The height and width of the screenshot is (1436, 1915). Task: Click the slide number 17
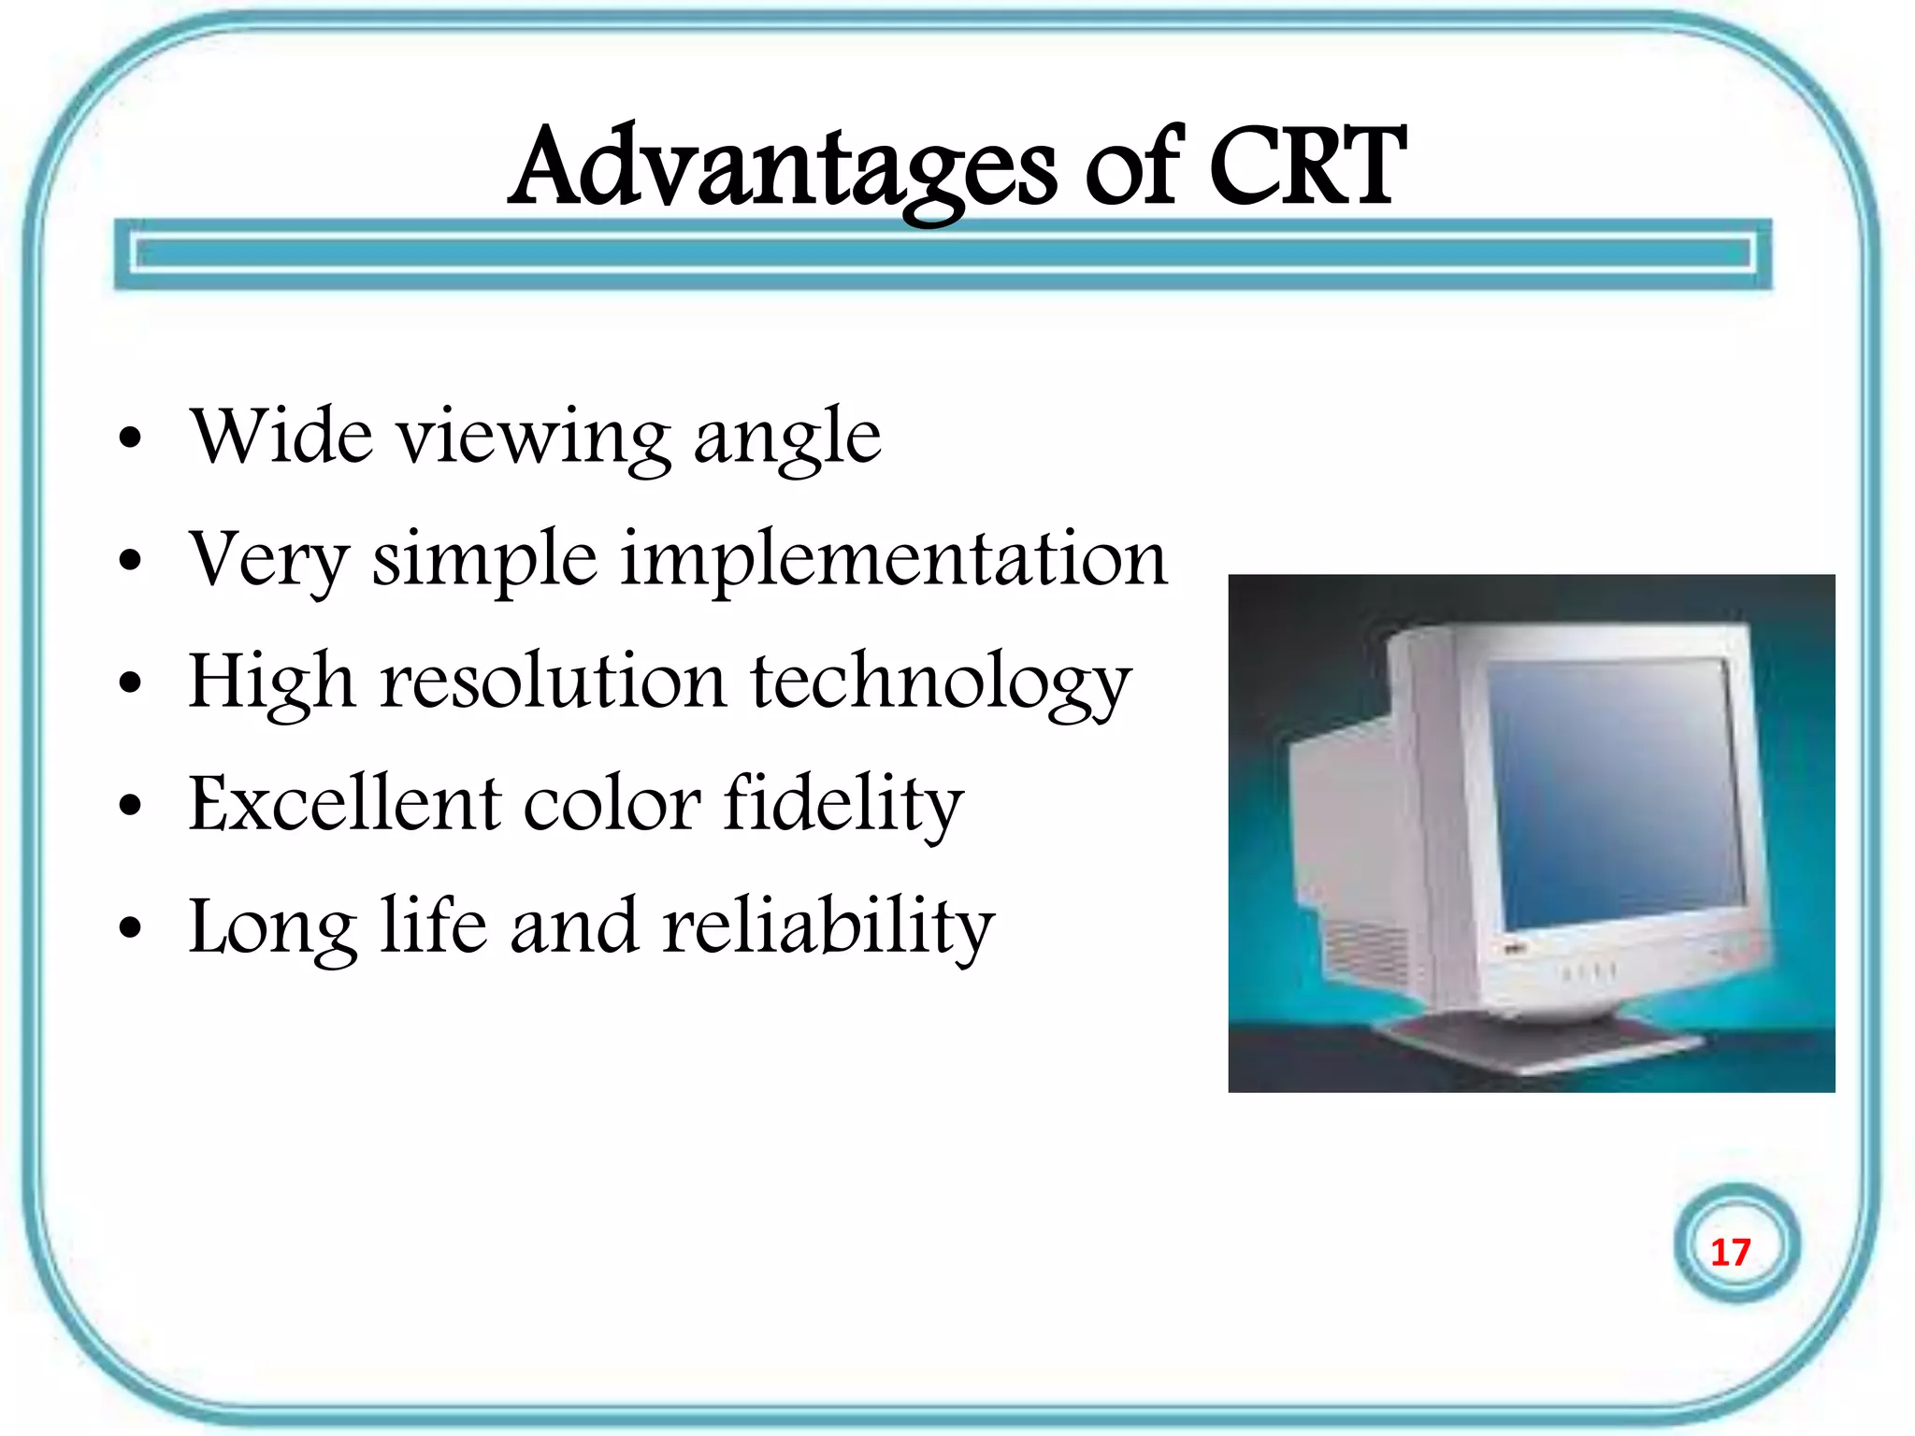1730,1252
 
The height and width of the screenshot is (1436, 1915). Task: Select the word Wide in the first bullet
281,436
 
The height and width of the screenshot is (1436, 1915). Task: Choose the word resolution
553,682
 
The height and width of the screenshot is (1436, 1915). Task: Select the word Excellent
345,804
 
